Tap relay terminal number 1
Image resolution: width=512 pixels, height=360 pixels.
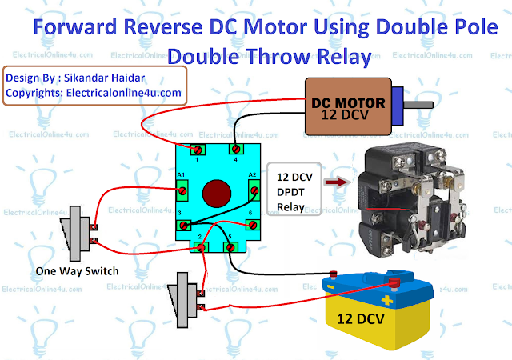tap(197, 150)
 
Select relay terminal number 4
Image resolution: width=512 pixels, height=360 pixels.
tap(235, 150)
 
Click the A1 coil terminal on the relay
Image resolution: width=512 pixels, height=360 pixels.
tap(182, 190)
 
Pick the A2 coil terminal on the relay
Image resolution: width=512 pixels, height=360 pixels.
tap(254, 190)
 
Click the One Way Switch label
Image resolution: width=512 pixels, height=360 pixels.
tap(77, 271)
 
